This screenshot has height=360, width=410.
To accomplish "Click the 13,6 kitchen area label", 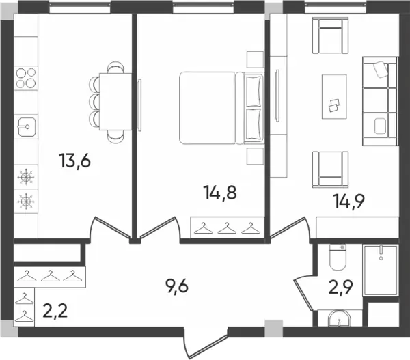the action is point(74,161).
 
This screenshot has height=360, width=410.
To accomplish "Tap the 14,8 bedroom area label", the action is point(221,193).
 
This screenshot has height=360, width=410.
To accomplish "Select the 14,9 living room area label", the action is point(348,201).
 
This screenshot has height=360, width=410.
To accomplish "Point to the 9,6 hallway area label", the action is point(177,286).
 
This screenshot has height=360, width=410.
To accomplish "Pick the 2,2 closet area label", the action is point(55,311).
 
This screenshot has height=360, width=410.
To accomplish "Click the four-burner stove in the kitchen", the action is point(26,78).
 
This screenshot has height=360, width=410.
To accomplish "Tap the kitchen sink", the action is point(27,127).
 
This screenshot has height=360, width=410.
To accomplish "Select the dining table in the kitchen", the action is point(115,101).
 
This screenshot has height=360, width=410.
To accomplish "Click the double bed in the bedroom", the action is point(221,108).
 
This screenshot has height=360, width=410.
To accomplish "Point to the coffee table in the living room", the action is point(334,96).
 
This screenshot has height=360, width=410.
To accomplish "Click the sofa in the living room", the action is point(381,101).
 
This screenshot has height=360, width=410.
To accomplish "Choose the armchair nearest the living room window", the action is point(331,36).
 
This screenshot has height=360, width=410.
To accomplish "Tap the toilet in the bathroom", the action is point(338,258).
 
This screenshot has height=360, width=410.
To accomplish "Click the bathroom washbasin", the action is point(339,318).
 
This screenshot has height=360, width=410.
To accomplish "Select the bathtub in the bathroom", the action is point(381,271).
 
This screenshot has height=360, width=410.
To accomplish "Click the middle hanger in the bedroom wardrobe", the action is point(227,228).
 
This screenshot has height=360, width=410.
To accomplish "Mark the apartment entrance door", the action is point(206,343).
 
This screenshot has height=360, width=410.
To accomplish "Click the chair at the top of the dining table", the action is point(115,67).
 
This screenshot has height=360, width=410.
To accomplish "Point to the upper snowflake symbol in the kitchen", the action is point(26,177).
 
